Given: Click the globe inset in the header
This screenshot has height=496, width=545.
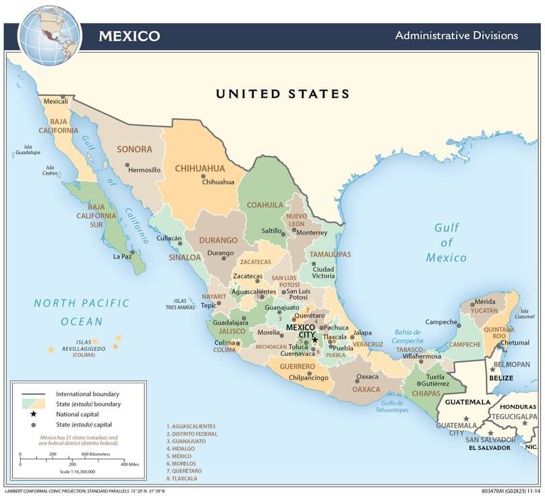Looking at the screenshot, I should pyautogui.click(x=49, y=34).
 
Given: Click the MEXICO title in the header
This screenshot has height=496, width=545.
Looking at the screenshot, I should pyautogui.click(x=130, y=36).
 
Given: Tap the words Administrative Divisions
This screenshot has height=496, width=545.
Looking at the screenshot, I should pyautogui.click(x=456, y=35).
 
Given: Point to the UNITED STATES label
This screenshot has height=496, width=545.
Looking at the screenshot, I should pyautogui.click(x=283, y=94).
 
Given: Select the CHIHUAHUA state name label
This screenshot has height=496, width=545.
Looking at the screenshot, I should pyautogui.click(x=200, y=168).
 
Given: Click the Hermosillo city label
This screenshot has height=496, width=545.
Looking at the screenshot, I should pyautogui.click(x=144, y=170).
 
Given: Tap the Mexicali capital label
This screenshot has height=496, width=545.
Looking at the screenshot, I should pyautogui.click(x=56, y=101).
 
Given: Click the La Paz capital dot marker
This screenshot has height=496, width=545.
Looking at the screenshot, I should pyautogui.click(x=132, y=252).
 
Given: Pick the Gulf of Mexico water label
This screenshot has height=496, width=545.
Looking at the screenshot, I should pyautogui.click(x=446, y=243).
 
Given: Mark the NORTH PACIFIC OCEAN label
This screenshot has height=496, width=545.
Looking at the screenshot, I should pyautogui.click(x=82, y=312).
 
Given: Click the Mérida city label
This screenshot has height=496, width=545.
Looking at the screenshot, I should pyautogui.click(x=485, y=302).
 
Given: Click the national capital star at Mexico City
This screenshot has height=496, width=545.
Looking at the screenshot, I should pyautogui.click(x=314, y=339).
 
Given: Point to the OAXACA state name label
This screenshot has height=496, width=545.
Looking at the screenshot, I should pyautogui.click(x=367, y=389).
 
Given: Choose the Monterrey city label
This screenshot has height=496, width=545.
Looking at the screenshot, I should pyautogui.click(x=311, y=233).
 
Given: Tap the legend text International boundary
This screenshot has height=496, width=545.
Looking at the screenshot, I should pyautogui.click(x=88, y=393).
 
